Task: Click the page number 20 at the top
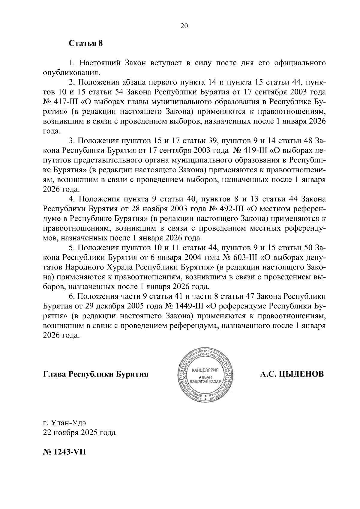tap(184, 26)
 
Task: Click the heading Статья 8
tap(86, 43)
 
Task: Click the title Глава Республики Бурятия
tap(96, 374)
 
